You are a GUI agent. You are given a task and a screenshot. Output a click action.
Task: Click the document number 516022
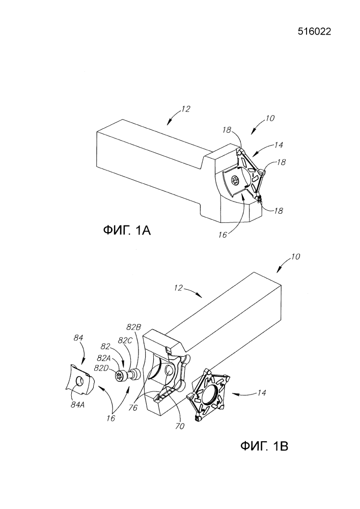coord(314,32)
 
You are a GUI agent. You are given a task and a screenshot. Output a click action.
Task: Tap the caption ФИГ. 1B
coord(264,446)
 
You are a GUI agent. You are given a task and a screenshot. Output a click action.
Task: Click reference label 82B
coord(134,327)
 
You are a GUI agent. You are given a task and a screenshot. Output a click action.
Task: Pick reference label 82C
coord(125,340)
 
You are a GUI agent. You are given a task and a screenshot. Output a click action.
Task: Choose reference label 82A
coord(104,358)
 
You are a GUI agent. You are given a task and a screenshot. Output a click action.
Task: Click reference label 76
coord(133,407)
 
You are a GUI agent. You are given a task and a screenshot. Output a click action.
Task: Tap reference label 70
coord(180,426)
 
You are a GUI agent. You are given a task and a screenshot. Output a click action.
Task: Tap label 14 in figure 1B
coord(262,393)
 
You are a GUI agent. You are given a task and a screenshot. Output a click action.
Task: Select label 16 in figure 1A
coord(223,235)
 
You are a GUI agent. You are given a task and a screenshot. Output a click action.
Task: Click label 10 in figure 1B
coord(296,257)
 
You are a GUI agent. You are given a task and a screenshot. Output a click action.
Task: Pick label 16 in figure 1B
coord(111,418)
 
